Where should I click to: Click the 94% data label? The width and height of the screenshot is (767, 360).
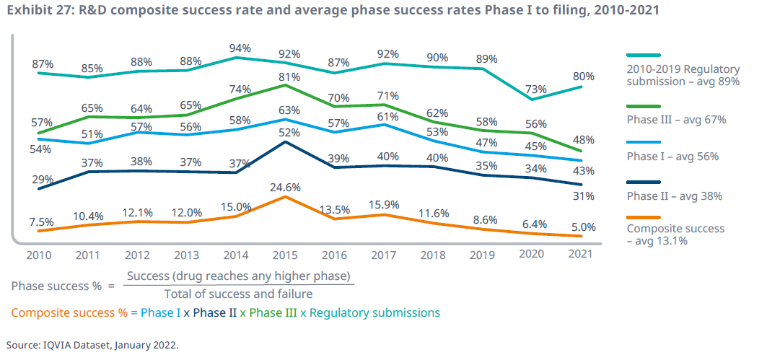click(x=240, y=48)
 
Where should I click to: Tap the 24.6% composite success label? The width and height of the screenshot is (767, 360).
click(x=286, y=188)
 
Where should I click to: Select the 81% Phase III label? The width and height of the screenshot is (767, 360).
click(x=286, y=77)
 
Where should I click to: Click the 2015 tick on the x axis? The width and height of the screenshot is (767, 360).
click(x=286, y=254)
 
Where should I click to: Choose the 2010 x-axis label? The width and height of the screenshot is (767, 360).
click(x=39, y=254)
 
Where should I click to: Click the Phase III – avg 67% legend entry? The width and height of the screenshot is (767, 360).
click(x=675, y=120)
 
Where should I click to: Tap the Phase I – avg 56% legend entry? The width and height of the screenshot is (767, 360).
click(x=672, y=156)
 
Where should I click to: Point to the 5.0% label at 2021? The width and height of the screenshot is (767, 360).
click(x=583, y=227)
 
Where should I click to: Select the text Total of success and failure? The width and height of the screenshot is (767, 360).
click(x=238, y=293)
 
